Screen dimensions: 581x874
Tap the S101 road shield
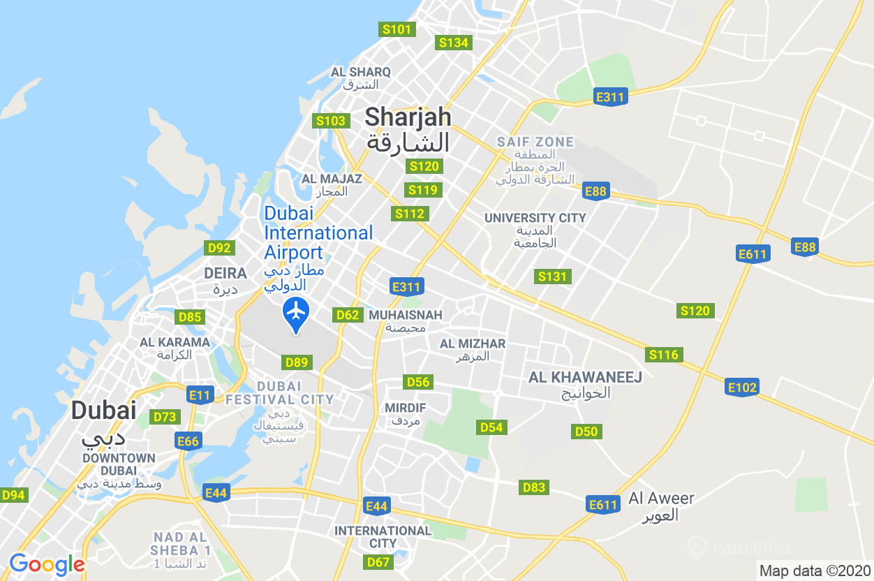tap(397, 29)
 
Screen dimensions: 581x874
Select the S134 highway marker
tap(453, 43)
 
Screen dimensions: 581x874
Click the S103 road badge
tap(331, 121)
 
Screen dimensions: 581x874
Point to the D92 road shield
tap(219, 248)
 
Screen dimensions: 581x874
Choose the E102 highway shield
tap(742, 388)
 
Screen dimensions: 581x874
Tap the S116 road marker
tap(663, 355)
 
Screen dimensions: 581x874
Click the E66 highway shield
tap(188, 441)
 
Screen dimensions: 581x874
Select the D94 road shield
tap(13, 495)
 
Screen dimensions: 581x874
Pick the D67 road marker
tap(378, 561)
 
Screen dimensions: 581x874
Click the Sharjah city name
tap(408, 117)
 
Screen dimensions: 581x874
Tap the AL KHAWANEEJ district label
tap(585, 377)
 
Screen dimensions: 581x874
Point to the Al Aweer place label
tap(661, 499)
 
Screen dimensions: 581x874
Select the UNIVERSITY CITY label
tap(535, 218)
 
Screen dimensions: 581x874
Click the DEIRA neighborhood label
tap(225, 273)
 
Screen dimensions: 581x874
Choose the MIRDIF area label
tap(406, 408)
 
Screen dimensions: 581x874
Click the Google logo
tap(47, 564)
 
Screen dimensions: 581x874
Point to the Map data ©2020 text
tap(815, 570)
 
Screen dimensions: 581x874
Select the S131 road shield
tap(552, 277)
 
